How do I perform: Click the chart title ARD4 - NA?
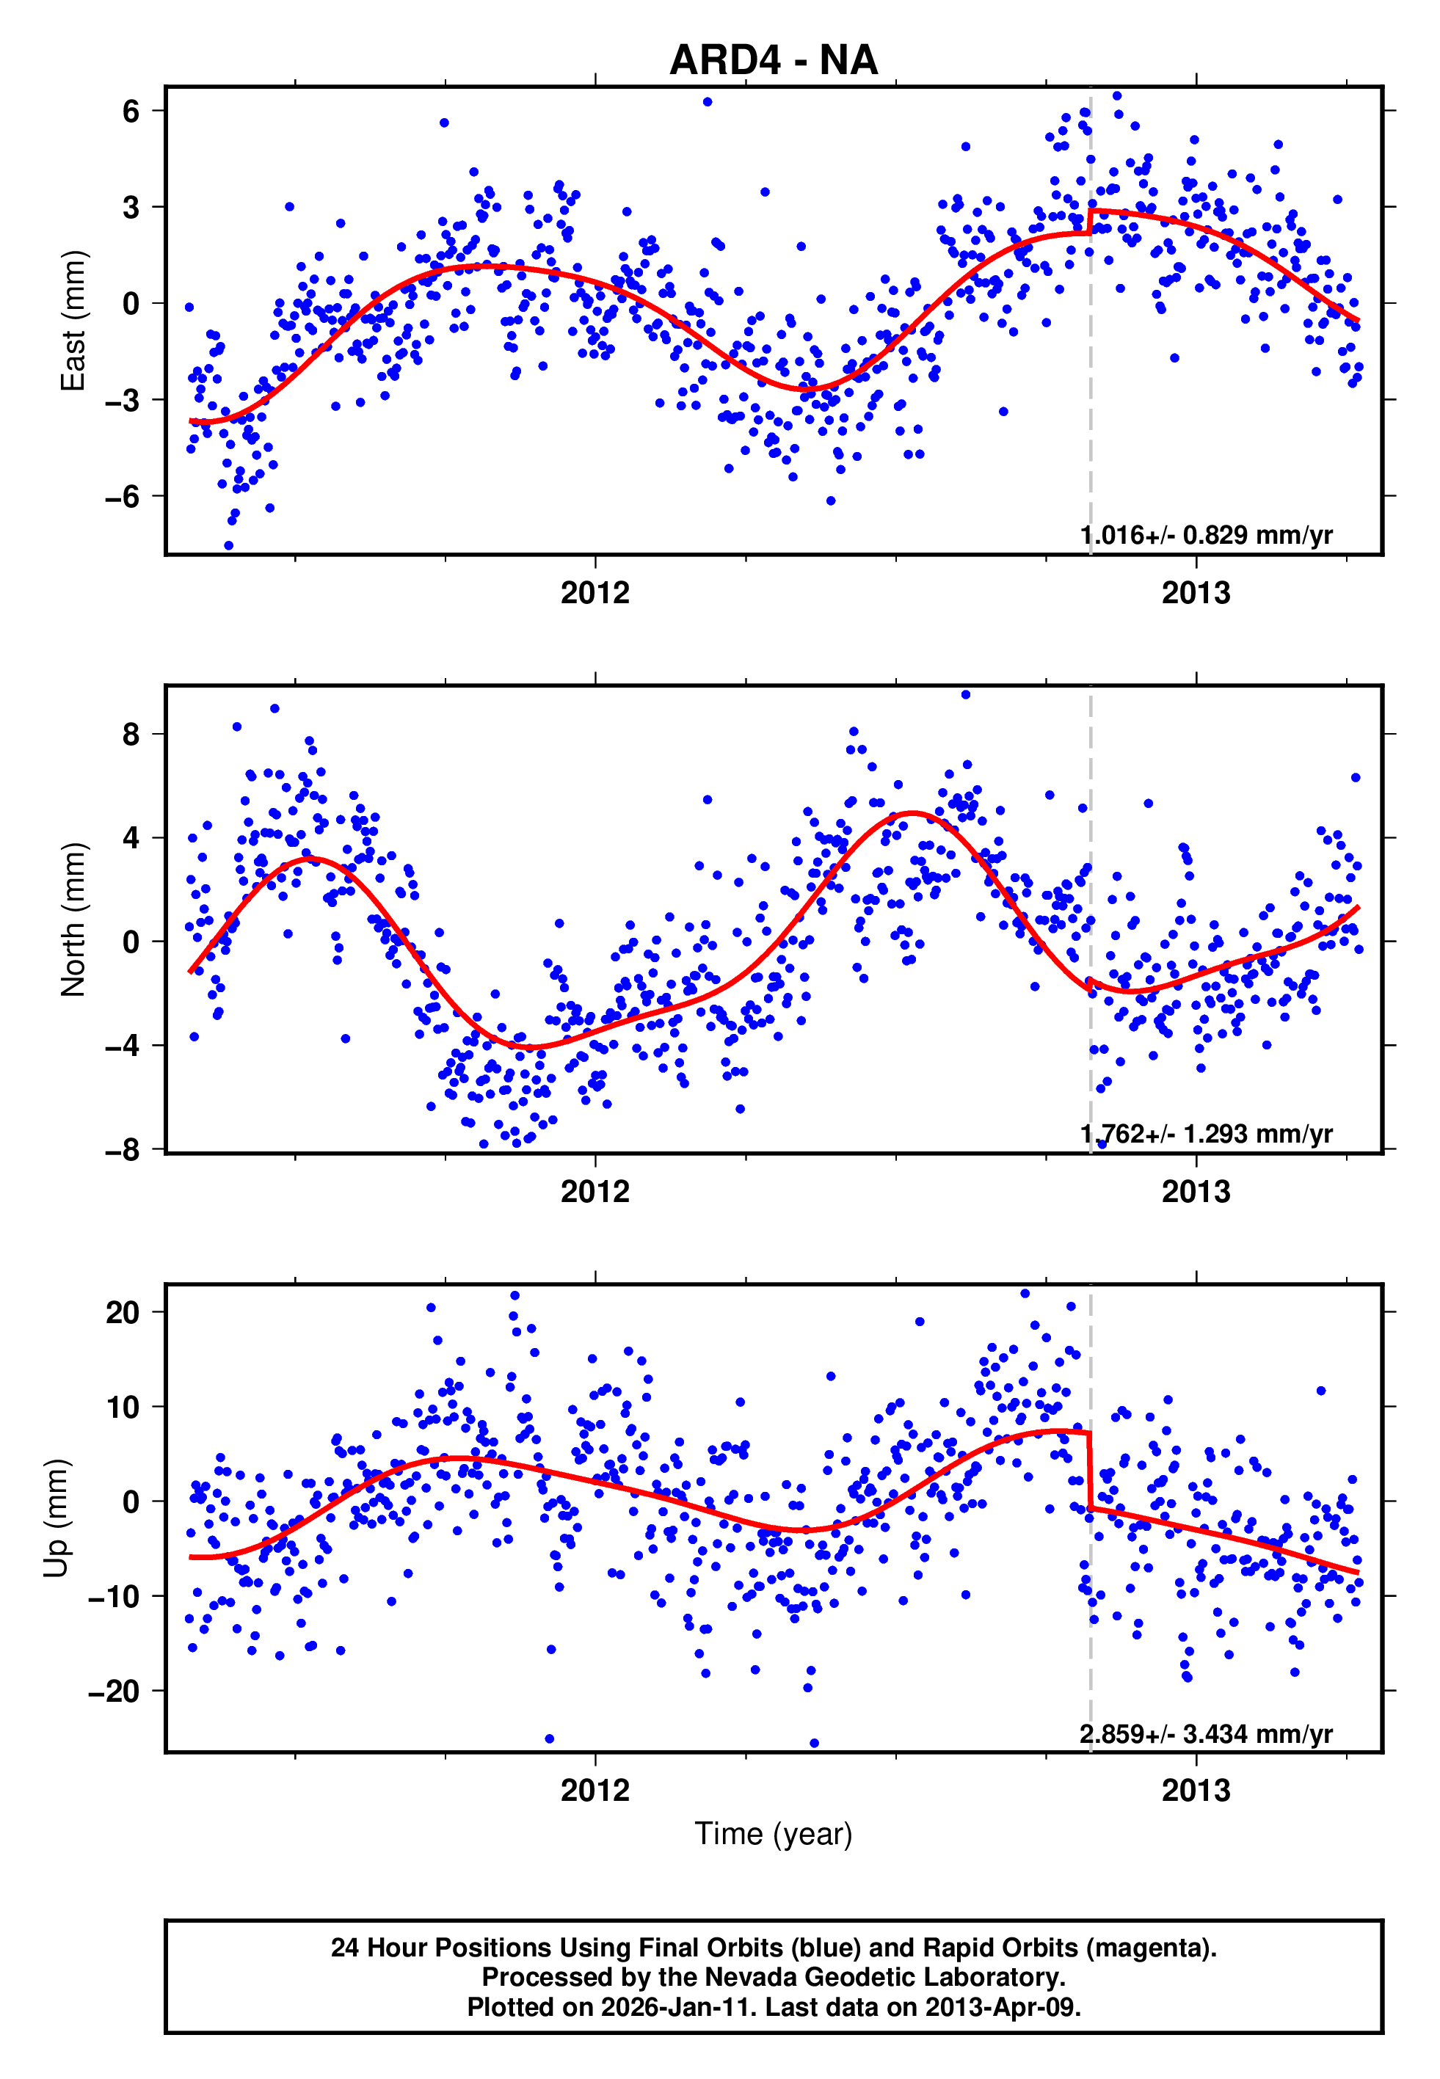tap(774, 60)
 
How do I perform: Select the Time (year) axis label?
tap(774, 1834)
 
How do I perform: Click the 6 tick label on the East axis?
tap(131, 111)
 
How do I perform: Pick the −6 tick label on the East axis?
tap(122, 496)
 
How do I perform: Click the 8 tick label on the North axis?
tap(131, 734)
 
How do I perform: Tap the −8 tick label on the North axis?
tap(122, 1150)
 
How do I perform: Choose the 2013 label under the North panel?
tap(1196, 1192)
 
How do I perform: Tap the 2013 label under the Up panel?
tap(1196, 1791)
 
